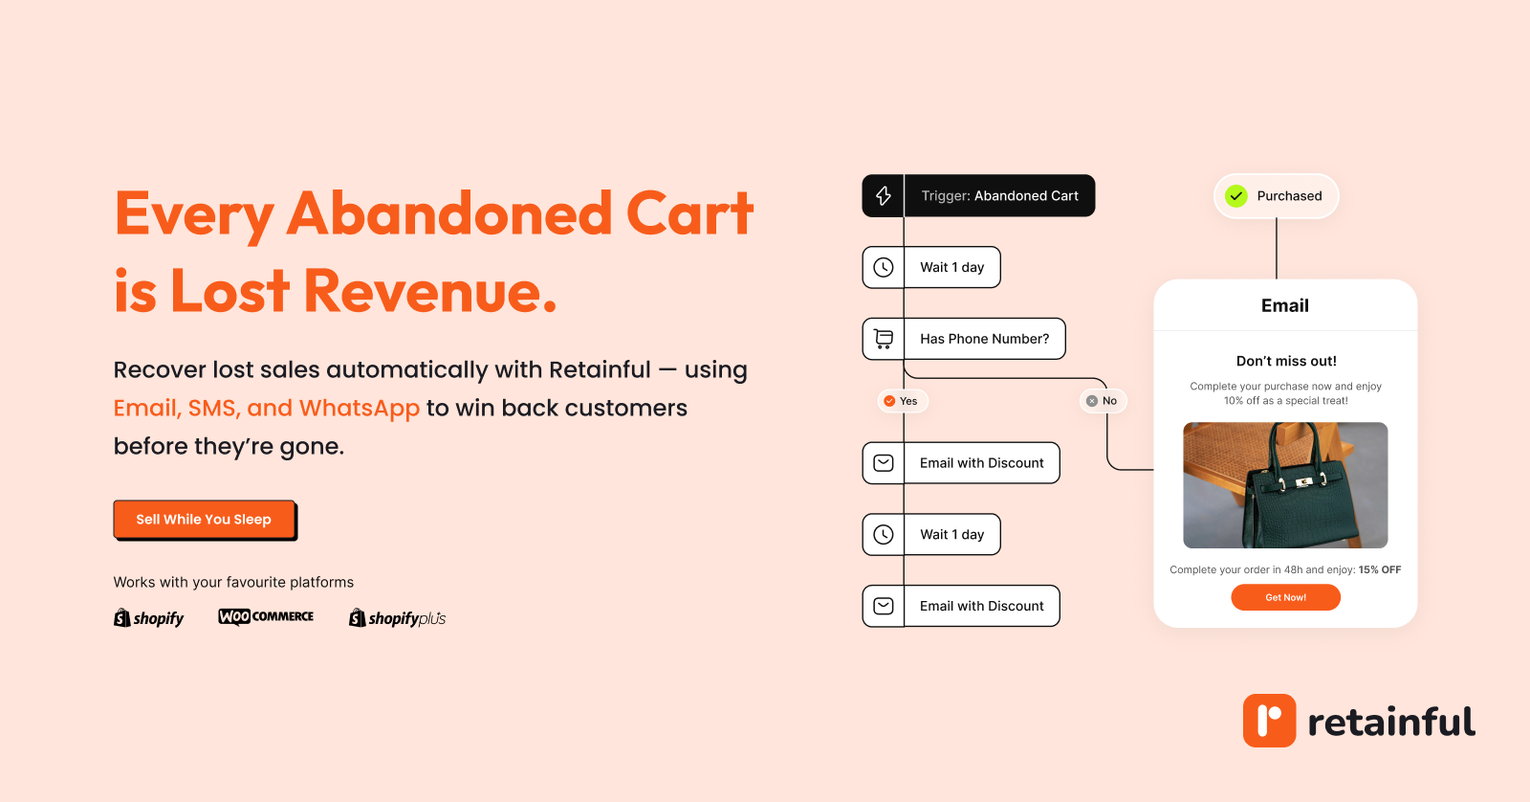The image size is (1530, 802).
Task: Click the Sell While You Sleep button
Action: point(205,520)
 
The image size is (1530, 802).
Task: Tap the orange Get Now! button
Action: point(1285,597)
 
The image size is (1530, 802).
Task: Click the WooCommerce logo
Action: point(266,616)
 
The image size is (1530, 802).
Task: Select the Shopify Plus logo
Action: point(397,618)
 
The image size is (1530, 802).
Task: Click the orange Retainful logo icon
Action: point(1269,721)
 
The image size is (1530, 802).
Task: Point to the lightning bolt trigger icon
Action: point(884,195)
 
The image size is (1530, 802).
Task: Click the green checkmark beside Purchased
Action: point(1235,196)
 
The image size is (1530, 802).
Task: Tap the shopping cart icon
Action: point(884,339)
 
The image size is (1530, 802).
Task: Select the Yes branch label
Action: point(902,401)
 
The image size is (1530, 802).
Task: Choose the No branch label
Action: point(1103,401)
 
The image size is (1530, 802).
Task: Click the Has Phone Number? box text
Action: point(984,339)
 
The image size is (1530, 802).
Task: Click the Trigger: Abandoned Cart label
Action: point(1000,195)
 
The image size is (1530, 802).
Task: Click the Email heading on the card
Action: point(1285,305)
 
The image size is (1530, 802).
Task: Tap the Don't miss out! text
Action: point(1286,361)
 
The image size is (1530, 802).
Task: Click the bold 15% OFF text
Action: point(1380,569)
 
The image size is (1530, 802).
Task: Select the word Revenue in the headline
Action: point(430,291)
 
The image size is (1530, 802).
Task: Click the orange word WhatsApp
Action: point(360,409)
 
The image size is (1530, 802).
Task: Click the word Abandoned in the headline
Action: point(449,213)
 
